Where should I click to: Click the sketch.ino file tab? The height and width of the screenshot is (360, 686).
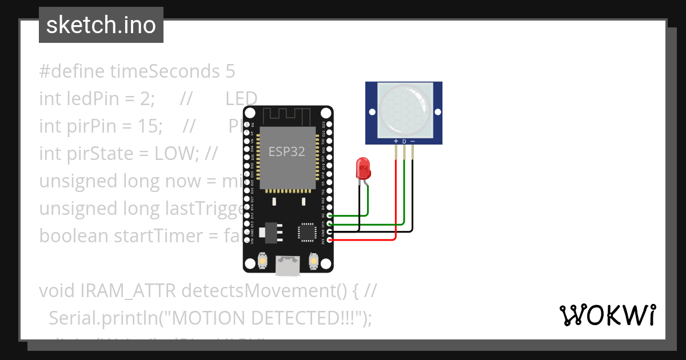coord(101,25)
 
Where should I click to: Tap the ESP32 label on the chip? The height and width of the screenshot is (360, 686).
coord(287,152)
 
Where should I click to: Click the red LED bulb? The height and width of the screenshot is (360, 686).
coord(363,168)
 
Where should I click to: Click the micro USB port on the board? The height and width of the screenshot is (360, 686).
coord(287,263)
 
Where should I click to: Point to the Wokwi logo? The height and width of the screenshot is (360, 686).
coord(608,315)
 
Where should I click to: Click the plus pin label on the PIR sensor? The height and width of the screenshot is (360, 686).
coord(396,141)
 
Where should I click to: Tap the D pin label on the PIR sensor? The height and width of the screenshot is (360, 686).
coord(404,141)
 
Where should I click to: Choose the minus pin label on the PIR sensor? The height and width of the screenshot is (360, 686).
coord(412,141)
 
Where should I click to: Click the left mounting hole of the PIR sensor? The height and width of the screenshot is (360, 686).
coord(372,112)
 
